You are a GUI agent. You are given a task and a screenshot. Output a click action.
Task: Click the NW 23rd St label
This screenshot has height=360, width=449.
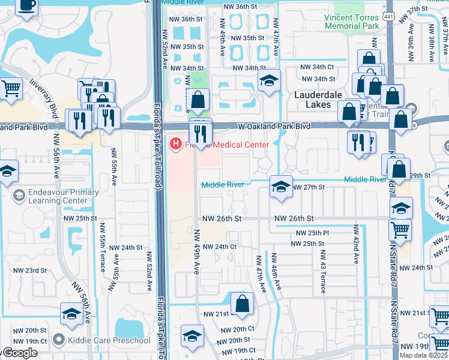[28, 271]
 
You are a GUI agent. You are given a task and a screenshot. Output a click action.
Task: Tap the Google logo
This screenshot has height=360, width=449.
[19, 353]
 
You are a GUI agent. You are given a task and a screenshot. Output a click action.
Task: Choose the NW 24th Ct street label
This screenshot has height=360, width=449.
[219, 247]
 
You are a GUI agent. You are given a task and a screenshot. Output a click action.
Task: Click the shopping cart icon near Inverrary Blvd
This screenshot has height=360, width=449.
[10, 89]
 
